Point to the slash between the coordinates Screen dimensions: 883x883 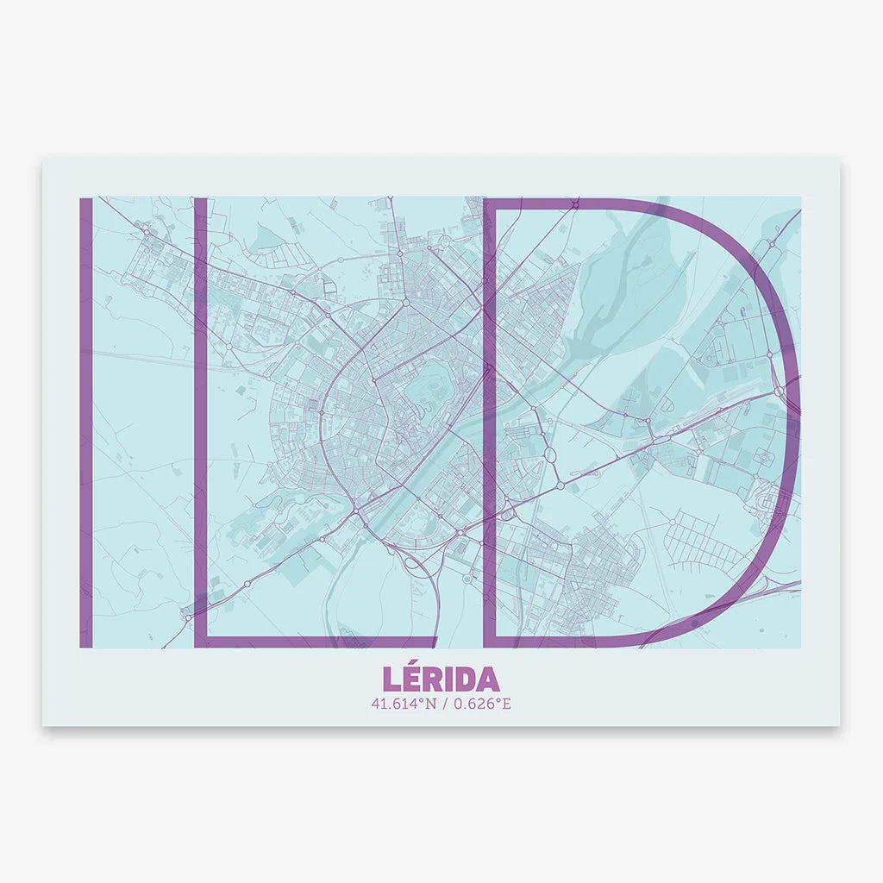click(441, 704)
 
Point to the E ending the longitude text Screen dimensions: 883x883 click(507, 704)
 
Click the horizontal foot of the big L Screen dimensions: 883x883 click(319, 641)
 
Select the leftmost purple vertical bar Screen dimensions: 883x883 click(85, 423)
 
